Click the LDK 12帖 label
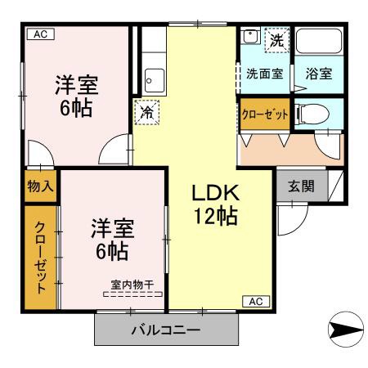click(215, 204)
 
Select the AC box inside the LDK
click(255, 302)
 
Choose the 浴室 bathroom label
click(318, 74)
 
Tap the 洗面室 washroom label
click(265, 74)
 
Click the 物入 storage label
click(40, 186)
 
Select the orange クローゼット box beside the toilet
click(263, 114)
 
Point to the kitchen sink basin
click(154, 80)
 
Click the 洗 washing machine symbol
click(277, 38)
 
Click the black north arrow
click(342, 330)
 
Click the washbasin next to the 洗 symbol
click(251, 37)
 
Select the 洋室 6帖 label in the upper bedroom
click(77, 96)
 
